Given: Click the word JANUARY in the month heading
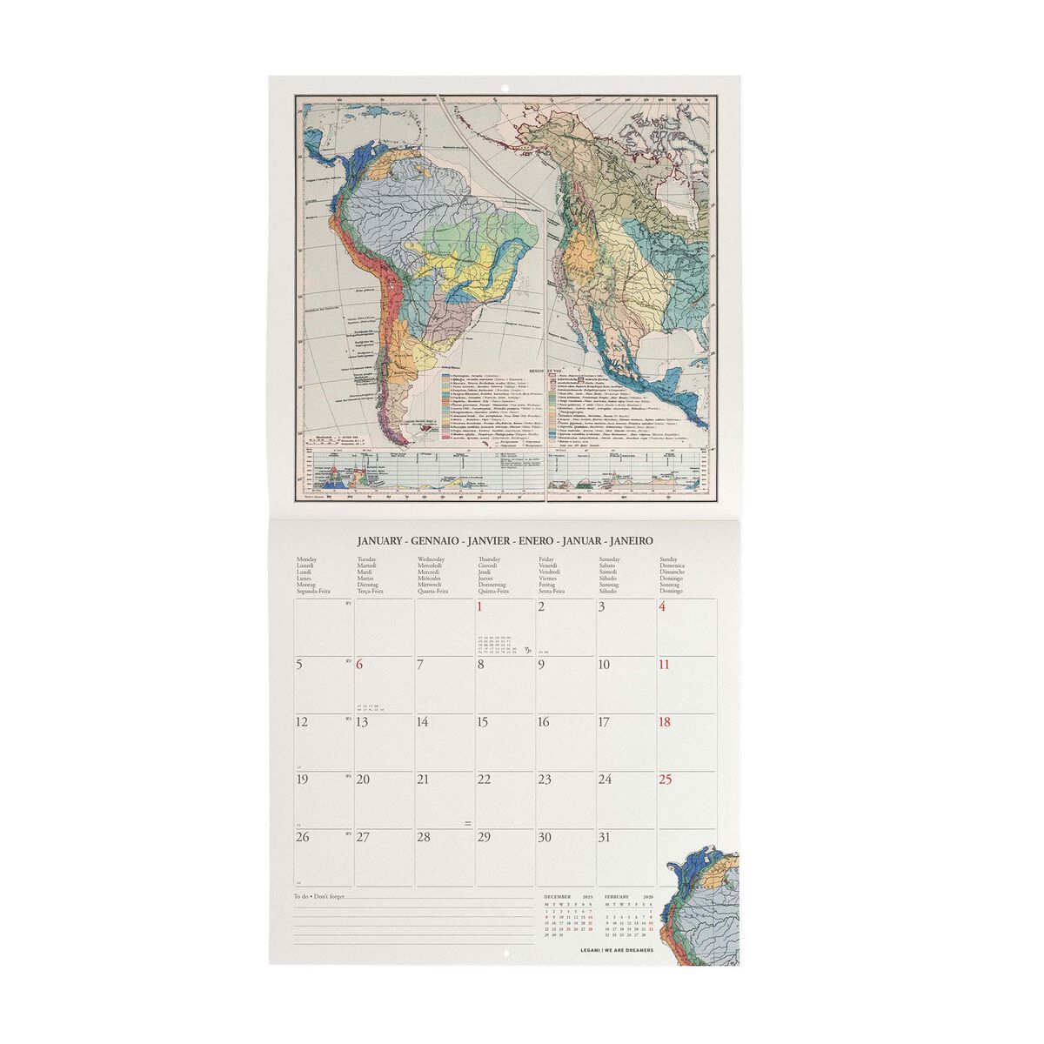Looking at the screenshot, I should pos(378,540).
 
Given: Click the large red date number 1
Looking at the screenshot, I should pos(479,607).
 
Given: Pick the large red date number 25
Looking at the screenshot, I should pos(666,780).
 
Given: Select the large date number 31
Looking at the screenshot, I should pos(606,838).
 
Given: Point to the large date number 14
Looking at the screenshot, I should pos(423,722).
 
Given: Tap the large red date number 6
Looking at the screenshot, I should pos(360,665).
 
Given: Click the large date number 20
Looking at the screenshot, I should pos(365,780).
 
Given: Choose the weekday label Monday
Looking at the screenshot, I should pos(307,559).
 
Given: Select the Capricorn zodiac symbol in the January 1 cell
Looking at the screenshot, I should pos(525,648).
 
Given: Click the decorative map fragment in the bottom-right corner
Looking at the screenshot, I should pos(704,905).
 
